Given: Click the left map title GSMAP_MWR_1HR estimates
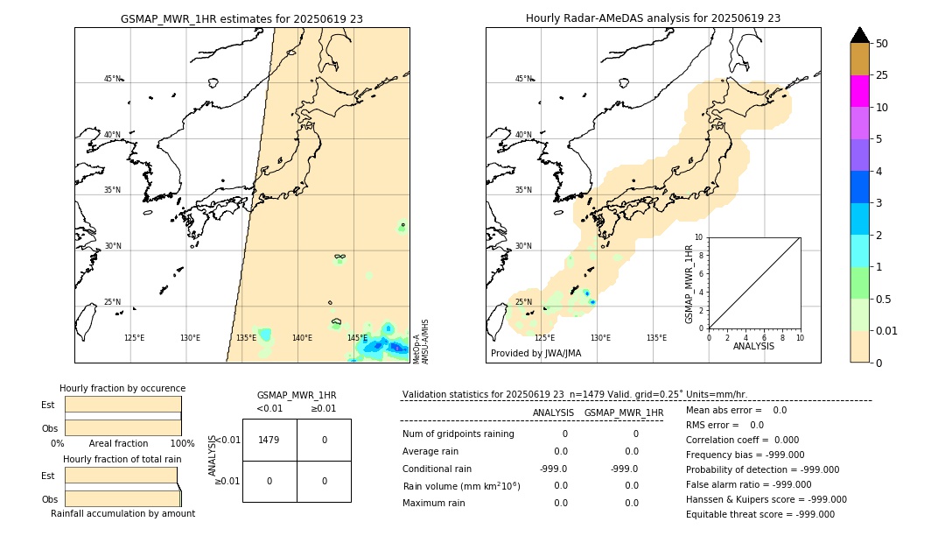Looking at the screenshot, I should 241,18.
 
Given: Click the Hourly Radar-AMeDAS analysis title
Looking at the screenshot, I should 653,18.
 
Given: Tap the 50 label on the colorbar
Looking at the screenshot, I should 882,43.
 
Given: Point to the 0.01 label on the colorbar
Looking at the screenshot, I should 887,330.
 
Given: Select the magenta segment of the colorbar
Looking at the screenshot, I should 859,91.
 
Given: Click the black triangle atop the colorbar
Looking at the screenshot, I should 859,35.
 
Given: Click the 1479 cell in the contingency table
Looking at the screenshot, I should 269,440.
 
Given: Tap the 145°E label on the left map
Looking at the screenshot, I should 357,338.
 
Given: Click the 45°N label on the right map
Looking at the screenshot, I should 523,79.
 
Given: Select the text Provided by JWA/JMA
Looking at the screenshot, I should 535,354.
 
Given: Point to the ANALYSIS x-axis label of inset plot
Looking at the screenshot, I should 754,346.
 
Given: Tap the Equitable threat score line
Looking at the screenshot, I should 759,514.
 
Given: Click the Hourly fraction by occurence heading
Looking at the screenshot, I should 122,388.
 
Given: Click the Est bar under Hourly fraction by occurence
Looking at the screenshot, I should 122,405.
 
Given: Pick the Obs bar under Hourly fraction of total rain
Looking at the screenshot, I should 122,498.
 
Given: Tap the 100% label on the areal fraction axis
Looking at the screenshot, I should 182,443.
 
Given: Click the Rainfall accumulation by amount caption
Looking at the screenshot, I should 122,513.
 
